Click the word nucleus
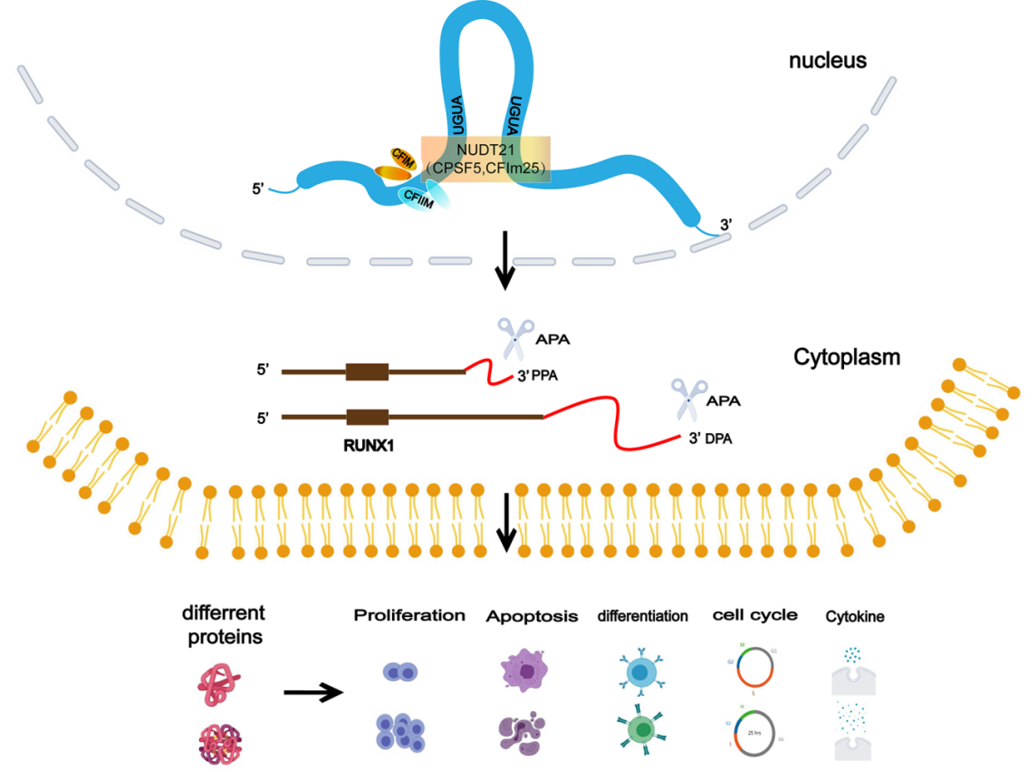pos(828,61)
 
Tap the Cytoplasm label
pos(847,357)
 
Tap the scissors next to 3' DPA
pos(686,400)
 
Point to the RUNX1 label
pos(367,446)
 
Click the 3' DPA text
pos(709,439)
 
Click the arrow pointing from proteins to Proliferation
pos(313,693)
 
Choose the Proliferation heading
pos(408,616)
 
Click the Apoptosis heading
pos(532,617)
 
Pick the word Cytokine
pos(855,617)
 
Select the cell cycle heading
pos(755,615)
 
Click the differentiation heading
pos(642,616)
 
